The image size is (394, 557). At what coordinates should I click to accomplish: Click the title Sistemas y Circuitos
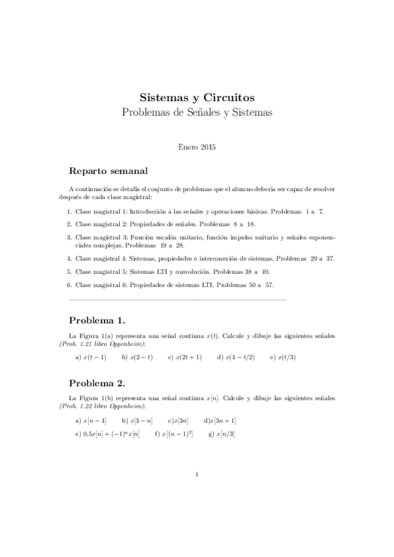coord(197,97)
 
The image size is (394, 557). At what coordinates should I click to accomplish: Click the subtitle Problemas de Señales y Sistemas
coord(197,112)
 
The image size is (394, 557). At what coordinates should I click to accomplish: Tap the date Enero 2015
coord(197,147)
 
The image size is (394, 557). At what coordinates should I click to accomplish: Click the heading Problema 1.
coord(97,321)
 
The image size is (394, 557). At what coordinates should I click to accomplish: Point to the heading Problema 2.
coord(97,382)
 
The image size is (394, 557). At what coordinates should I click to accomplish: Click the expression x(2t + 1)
coord(188,357)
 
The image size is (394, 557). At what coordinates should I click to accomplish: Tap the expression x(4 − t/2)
coord(240,357)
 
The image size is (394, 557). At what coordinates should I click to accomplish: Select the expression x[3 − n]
coord(141,420)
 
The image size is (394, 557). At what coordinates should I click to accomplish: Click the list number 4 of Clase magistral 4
coord(69,258)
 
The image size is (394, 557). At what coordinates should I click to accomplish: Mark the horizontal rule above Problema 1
coord(178,300)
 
